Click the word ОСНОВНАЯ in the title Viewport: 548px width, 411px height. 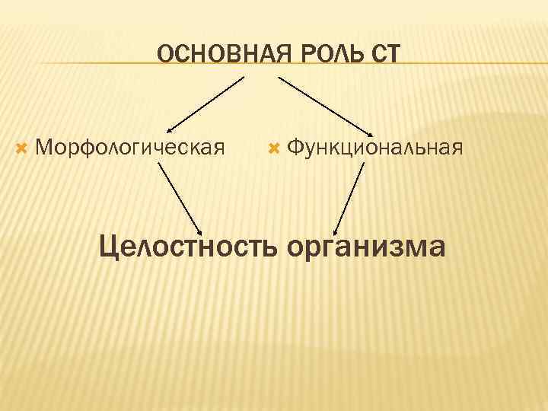213,54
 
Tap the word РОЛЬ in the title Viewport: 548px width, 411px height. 314,54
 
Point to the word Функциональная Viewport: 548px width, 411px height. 375,145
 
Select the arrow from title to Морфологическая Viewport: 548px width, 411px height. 205,104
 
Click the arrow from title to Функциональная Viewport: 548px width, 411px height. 323,104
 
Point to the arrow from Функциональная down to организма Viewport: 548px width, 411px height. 349,196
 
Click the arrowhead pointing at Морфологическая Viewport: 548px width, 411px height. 170,130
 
